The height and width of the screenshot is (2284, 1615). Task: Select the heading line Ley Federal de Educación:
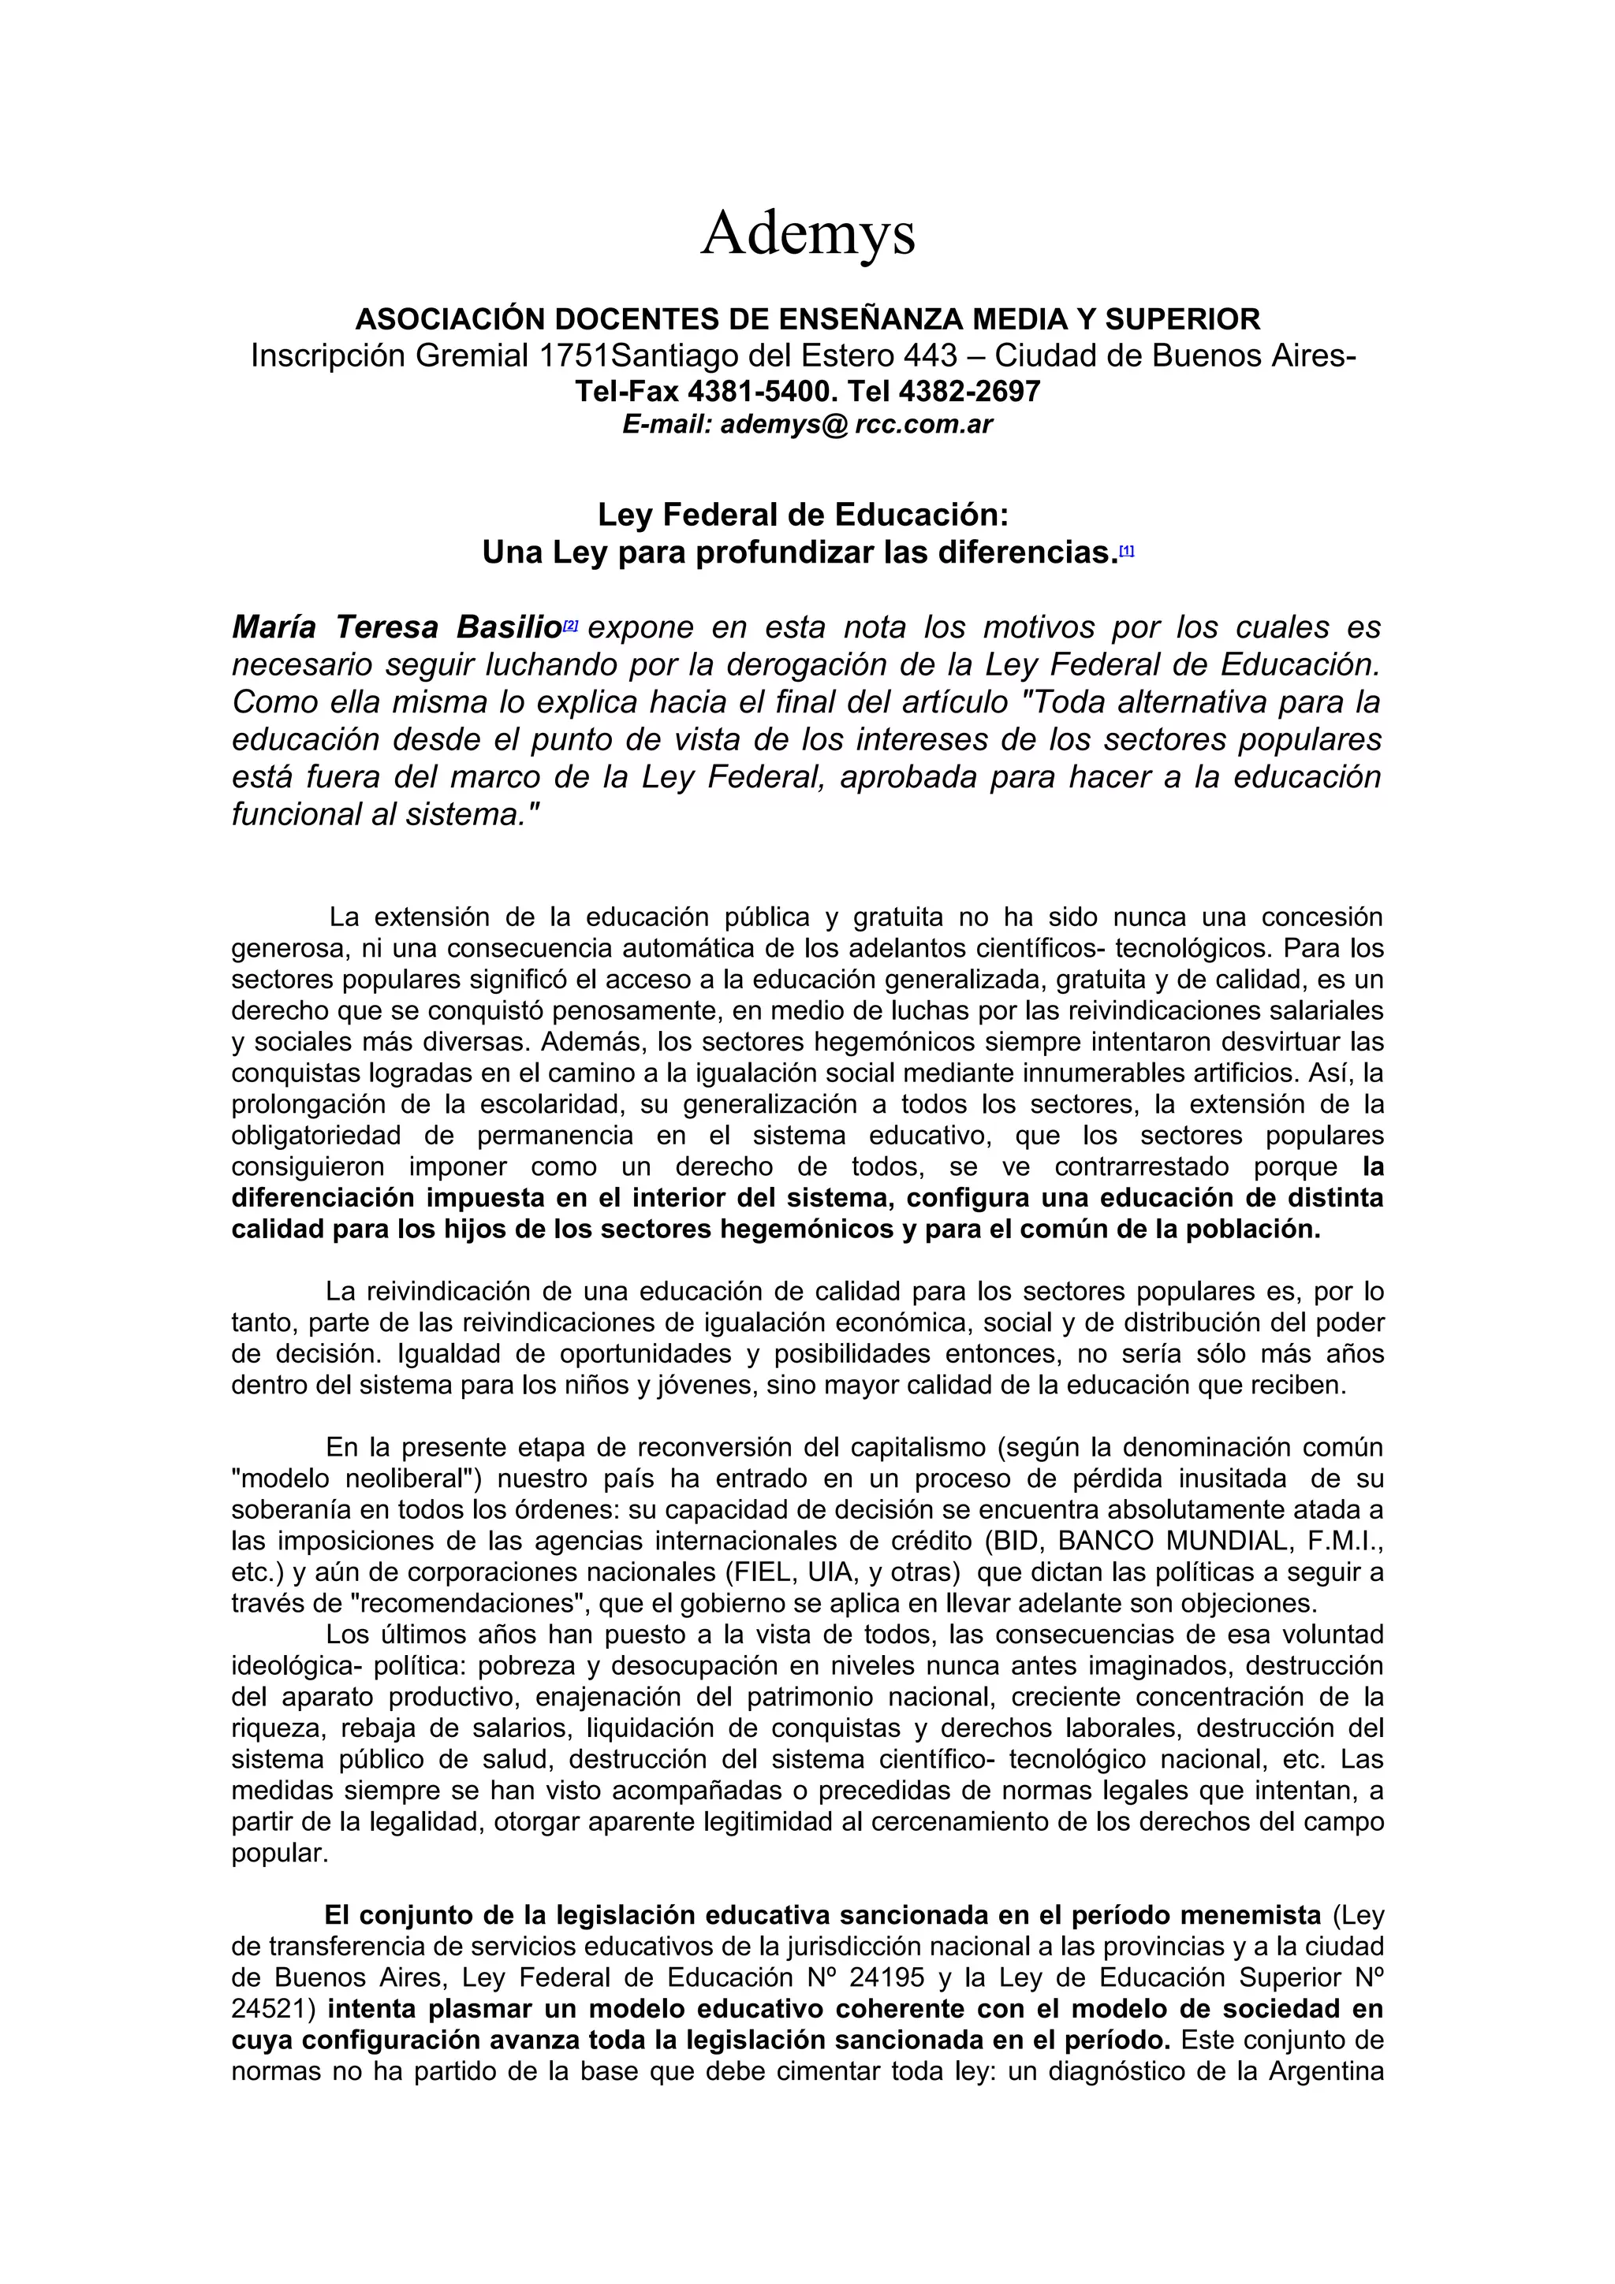pyautogui.click(x=803, y=515)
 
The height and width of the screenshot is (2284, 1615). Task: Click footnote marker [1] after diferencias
pyautogui.click(x=1126, y=550)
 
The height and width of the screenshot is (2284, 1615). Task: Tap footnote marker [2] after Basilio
pyautogui.click(x=570, y=626)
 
